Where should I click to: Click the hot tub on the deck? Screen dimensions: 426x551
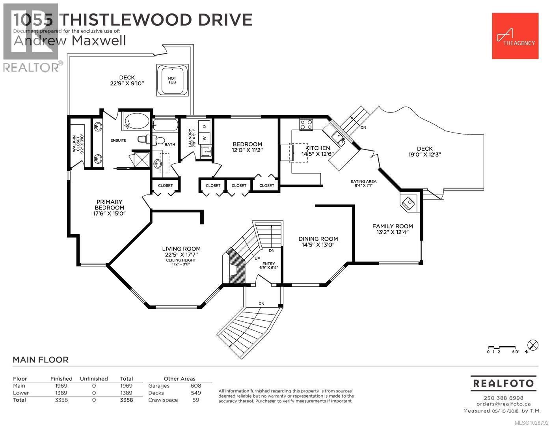(172, 80)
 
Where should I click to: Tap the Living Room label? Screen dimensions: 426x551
(181, 249)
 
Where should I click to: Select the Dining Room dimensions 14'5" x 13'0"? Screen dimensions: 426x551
(318, 245)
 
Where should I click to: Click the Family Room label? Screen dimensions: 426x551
(393, 226)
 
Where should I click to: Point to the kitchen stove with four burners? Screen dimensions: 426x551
(306, 125)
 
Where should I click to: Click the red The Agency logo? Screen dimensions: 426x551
(515, 36)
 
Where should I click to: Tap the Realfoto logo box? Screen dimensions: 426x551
(503, 383)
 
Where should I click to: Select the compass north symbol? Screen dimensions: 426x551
(532, 345)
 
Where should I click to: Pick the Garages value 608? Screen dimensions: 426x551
(195, 386)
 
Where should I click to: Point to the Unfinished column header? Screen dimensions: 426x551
(94, 379)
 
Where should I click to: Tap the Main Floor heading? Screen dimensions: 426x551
(41, 360)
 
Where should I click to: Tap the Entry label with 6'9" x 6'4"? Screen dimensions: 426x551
(270, 265)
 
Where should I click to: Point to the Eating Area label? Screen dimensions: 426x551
(363, 183)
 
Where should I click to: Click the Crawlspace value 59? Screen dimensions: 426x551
(195, 400)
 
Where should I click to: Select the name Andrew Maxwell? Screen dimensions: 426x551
(70, 41)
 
